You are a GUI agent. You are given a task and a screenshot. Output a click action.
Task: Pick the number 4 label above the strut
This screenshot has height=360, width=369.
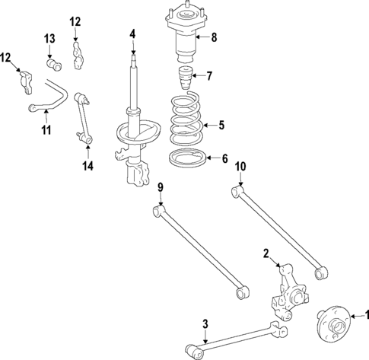click(132, 34)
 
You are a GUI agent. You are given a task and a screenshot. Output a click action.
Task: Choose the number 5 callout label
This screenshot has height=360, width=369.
click(221, 125)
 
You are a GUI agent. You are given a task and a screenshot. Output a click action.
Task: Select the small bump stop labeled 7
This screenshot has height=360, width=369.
click(184, 78)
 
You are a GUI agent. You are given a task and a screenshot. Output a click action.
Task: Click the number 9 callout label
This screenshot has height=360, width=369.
click(161, 187)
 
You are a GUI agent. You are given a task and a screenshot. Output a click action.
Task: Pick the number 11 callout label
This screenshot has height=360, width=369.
click(46, 131)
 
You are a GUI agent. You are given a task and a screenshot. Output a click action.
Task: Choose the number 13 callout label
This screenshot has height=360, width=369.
click(49, 39)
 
